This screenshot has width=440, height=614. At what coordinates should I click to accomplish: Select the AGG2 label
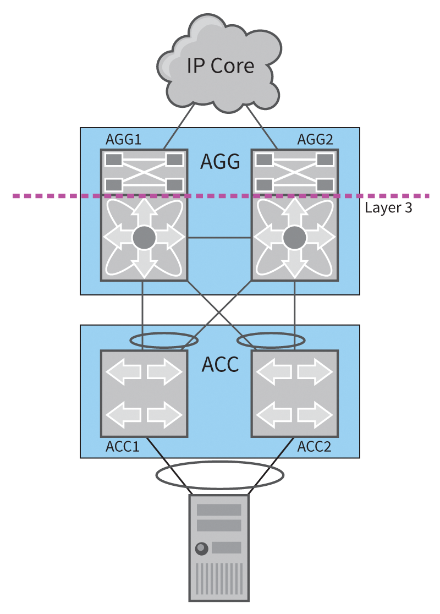[315, 140]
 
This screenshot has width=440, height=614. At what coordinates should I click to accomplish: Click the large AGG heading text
[220, 162]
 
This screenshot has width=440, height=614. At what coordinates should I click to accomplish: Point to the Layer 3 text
[388, 208]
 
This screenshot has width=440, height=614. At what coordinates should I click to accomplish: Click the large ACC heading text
[220, 364]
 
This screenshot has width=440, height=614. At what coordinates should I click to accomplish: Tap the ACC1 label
[122, 446]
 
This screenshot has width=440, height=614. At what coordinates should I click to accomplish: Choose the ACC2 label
[314, 446]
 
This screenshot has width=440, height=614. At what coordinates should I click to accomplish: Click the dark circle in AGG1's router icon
[144, 237]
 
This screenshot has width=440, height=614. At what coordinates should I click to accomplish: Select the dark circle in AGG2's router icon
[295, 237]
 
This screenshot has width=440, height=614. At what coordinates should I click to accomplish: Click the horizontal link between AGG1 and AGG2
[219, 238]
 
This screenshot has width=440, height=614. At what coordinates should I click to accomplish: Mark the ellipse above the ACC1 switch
[163, 340]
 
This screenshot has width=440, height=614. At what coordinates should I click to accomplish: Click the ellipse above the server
[220, 474]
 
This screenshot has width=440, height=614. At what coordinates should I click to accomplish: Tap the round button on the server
[201, 548]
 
